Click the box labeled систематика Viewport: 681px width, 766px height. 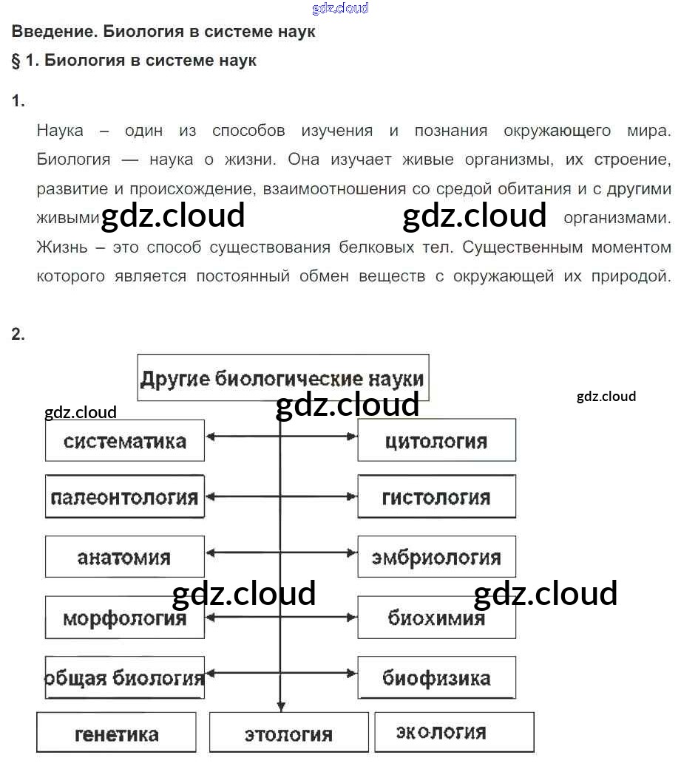pos(125,441)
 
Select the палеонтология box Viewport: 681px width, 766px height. pos(125,497)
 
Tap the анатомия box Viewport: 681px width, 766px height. pos(125,557)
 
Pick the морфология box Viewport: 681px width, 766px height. pos(125,617)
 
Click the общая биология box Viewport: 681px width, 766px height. pos(125,677)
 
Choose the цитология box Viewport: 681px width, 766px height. pos(436,441)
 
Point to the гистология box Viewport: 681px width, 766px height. pos(436,497)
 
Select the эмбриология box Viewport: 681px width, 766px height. pos(436,557)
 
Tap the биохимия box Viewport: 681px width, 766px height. pos(436,617)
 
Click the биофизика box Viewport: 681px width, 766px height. pos(436,677)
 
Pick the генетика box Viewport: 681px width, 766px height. pos(117,733)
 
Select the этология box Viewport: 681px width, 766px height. pos(288,733)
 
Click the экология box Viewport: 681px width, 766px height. pos(454,732)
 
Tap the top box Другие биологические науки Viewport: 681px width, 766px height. pos(282,378)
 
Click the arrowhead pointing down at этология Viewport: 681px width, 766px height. pos(279,706)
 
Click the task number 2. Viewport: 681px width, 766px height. pos(18,335)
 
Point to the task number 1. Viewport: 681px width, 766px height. pos(18,101)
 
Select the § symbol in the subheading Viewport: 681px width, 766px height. pos(16,61)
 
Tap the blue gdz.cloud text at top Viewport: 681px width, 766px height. pos(340,8)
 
